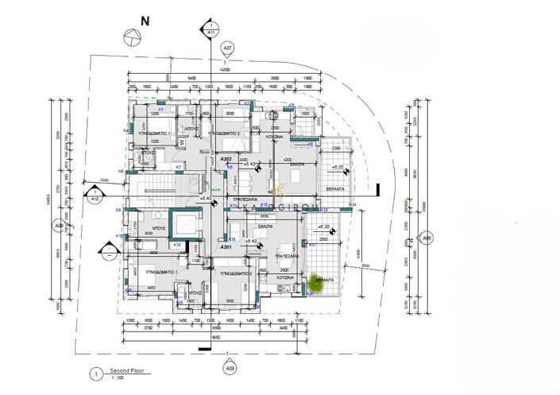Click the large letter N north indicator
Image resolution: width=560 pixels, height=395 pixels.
tap(144, 21)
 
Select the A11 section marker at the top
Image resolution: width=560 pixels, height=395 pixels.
tap(210, 33)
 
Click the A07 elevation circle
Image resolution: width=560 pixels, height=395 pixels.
tap(228, 48)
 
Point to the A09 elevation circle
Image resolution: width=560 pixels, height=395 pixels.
tap(230, 368)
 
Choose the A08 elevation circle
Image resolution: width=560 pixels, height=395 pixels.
tap(58, 227)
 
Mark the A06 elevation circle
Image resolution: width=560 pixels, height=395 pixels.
tap(427, 238)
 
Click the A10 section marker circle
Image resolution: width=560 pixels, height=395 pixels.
tap(95, 193)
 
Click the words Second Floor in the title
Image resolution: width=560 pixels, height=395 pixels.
tap(126, 371)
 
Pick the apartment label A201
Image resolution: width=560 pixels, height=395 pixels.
tap(225, 247)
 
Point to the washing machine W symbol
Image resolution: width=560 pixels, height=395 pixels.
tap(183, 142)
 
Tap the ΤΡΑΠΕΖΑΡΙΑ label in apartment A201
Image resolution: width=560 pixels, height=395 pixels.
tap(286, 257)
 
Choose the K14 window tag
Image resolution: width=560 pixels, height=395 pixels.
tap(352, 204)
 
